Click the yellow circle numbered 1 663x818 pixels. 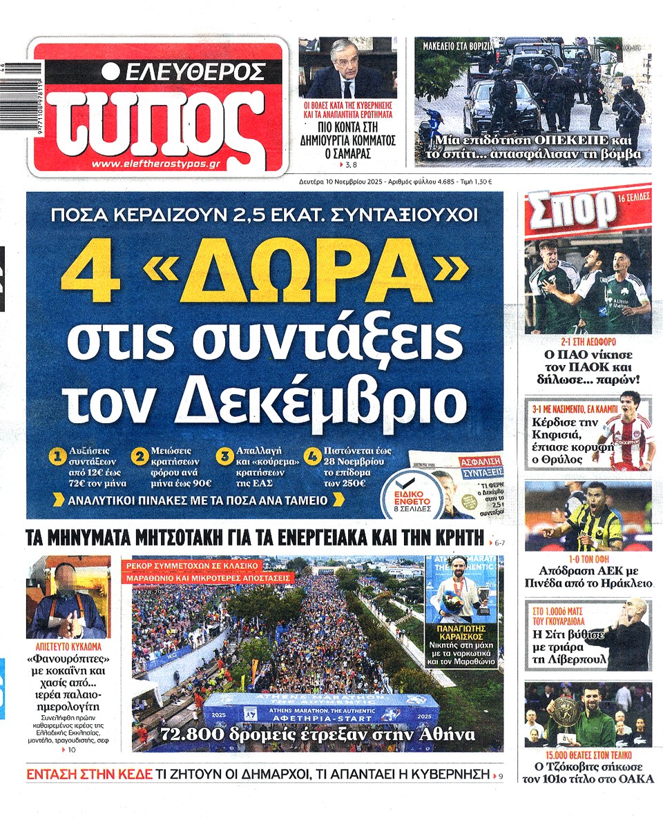coord(58,456)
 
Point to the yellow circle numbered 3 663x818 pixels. coord(224,456)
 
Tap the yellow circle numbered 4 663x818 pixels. coord(312,456)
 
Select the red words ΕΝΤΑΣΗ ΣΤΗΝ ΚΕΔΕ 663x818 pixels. coord(89,775)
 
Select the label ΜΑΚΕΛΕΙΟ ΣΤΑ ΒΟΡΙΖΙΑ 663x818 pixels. coord(458,46)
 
